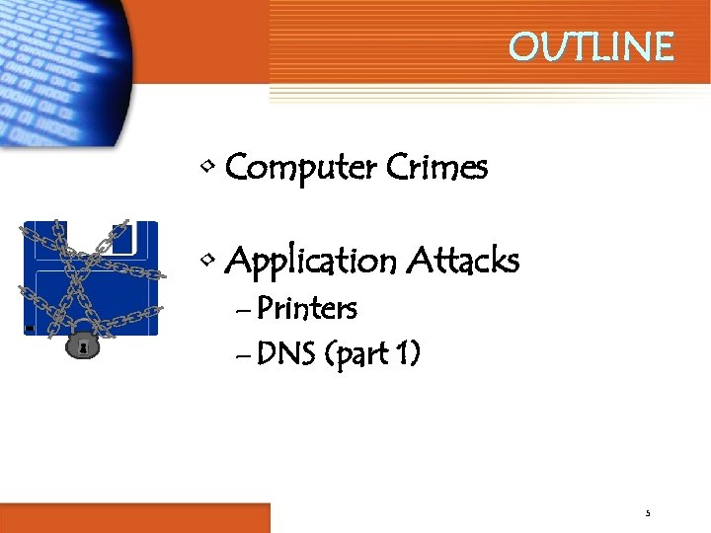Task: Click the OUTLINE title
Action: click(591, 46)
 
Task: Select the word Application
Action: click(310, 263)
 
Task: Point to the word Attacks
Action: click(463, 261)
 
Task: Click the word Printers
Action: click(306, 309)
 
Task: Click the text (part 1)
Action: click(371, 353)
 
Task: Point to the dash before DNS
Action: click(245, 353)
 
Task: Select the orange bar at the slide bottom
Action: click(134, 517)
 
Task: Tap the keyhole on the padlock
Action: click(81, 348)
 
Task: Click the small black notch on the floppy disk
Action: click(30, 328)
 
